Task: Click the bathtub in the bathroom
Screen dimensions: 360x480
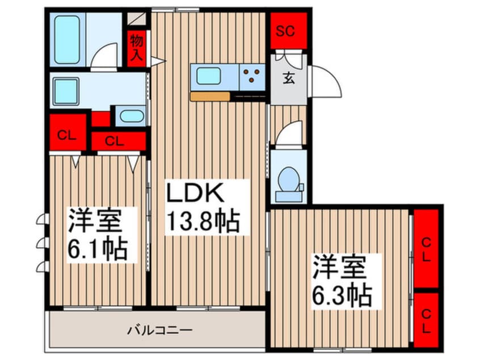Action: pyautogui.click(x=67, y=39)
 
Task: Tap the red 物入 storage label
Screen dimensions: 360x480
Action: pyautogui.click(x=136, y=47)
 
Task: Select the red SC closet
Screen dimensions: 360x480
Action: pyautogui.click(x=288, y=31)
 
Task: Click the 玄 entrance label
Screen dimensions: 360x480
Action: pyautogui.click(x=288, y=79)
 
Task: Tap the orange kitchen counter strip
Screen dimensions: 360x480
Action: pyautogui.click(x=209, y=97)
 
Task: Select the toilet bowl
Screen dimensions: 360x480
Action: pyautogui.click(x=289, y=181)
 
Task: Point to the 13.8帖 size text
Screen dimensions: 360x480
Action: pyautogui.click(x=202, y=219)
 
